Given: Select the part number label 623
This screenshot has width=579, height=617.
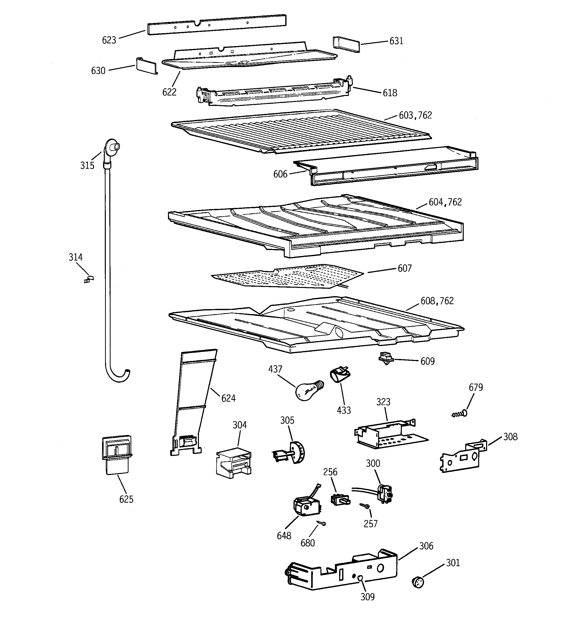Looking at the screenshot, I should click(x=109, y=40).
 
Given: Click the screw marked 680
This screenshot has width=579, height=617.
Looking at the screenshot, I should click(x=321, y=523).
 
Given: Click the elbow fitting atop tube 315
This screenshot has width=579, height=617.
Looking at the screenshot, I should click(x=111, y=148).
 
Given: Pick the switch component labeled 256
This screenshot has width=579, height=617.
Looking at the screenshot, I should click(x=340, y=499).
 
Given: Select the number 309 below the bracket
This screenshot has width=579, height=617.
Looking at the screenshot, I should click(x=367, y=597).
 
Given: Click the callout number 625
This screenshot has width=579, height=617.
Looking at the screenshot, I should click(x=126, y=499).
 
